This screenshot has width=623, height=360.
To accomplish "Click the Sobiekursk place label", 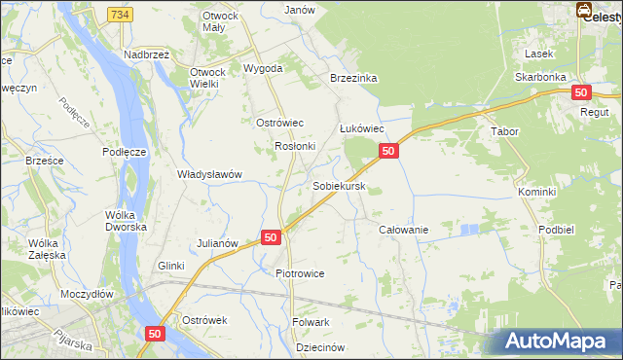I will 339,186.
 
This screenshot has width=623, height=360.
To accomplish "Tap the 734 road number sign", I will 120,15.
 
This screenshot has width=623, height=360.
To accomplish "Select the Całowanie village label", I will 403,229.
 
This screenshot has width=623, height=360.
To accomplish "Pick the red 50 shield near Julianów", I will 271,237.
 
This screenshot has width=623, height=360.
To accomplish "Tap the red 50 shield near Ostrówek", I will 155,333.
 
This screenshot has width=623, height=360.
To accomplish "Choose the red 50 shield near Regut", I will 581,92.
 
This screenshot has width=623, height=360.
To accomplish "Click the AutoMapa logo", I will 560,342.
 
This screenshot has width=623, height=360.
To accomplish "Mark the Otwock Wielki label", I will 205,78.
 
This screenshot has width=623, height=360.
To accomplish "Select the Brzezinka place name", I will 353,78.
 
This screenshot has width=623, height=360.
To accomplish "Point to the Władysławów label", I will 208,175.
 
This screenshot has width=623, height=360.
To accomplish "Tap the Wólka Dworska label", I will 127,220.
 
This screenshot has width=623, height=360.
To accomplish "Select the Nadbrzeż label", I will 146,54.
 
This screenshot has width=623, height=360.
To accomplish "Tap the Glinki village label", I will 170,266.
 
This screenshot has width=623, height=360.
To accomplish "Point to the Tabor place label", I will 505,131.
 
